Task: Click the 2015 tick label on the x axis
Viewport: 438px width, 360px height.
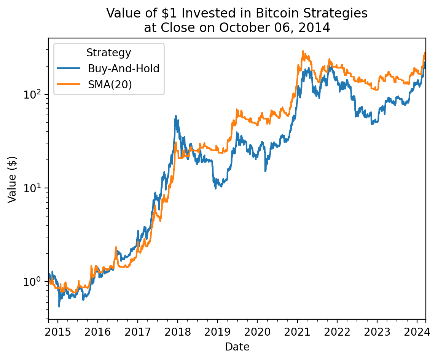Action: point(58,332)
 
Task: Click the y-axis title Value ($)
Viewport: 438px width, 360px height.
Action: point(13,179)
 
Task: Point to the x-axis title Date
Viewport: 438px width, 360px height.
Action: point(237,347)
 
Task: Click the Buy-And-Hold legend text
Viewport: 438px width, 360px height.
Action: point(123,68)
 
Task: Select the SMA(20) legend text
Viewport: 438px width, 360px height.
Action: point(110,84)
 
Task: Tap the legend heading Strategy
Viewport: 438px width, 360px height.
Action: point(109,53)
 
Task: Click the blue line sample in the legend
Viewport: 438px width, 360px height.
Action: point(69,68)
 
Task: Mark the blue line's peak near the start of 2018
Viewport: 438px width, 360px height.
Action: point(176,116)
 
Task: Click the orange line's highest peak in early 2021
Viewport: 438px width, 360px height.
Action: point(303,51)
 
